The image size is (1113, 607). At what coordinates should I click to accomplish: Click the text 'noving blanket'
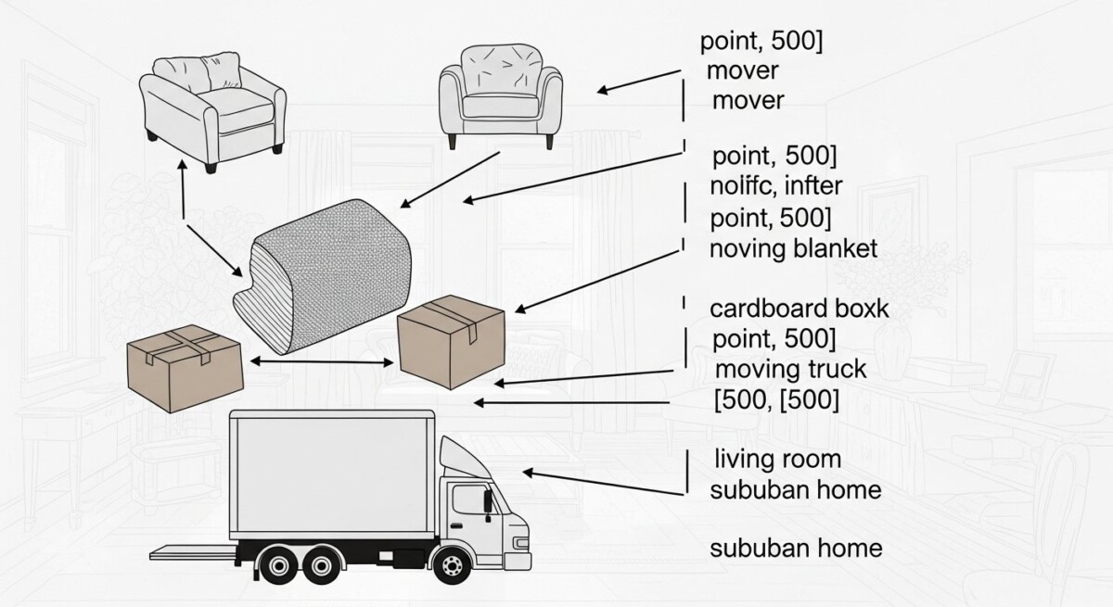(793, 248)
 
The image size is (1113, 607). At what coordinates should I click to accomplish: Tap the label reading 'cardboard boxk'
(799, 309)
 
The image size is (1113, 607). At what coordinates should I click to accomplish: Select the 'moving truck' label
(791, 370)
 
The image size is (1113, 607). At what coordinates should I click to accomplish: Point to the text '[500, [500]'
(776, 400)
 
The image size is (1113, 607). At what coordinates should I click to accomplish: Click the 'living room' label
(778, 459)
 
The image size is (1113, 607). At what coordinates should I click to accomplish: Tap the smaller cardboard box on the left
(185, 367)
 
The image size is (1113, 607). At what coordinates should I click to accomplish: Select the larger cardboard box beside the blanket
(451, 339)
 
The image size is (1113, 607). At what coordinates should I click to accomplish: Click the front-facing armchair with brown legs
(501, 93)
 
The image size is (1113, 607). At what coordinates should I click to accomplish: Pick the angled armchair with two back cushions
(211, 107)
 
